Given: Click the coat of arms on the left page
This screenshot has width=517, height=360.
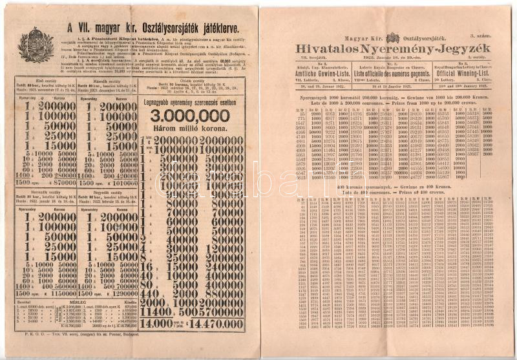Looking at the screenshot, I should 36,43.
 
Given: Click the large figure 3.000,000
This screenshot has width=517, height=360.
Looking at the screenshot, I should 191,116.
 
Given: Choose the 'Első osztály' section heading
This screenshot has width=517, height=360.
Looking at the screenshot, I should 48,81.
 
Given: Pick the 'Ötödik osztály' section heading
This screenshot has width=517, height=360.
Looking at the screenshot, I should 191,81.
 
